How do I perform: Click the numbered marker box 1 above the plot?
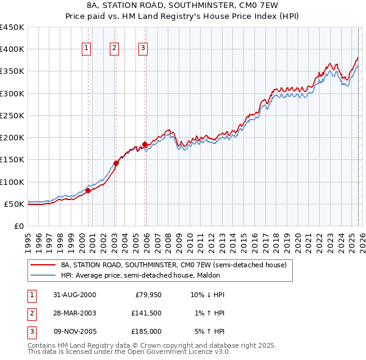pos(87,48)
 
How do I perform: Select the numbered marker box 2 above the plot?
pos(115,48)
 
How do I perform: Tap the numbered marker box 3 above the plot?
pos(143,48)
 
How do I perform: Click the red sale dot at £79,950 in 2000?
pos(88,190)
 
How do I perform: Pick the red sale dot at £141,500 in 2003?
pos(116,163)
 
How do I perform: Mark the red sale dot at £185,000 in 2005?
pos(145,144)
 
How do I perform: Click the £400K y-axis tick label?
pos(12,49)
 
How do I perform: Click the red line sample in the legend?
pos(43,265)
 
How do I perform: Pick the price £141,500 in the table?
pos(146,313)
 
